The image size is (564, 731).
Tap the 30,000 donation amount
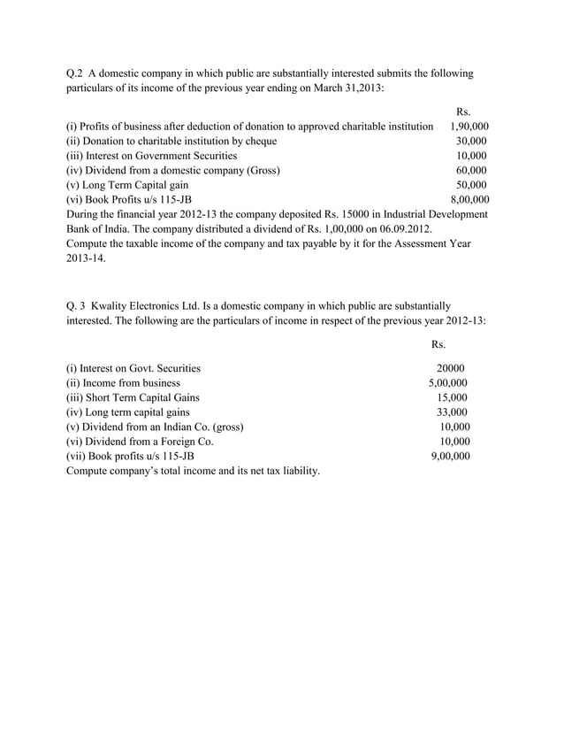tap(471, 141)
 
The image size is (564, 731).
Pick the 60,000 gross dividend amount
tap(471, 170)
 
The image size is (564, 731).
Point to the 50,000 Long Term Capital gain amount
tap(471, 185)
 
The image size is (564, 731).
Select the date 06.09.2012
tap(401, 229)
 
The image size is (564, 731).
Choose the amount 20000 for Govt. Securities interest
tap(451, 368)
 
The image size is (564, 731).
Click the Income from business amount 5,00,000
tap(448, 383)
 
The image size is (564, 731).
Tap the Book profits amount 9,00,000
tap(448, 456)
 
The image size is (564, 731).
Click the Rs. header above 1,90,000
tap(462, 112)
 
